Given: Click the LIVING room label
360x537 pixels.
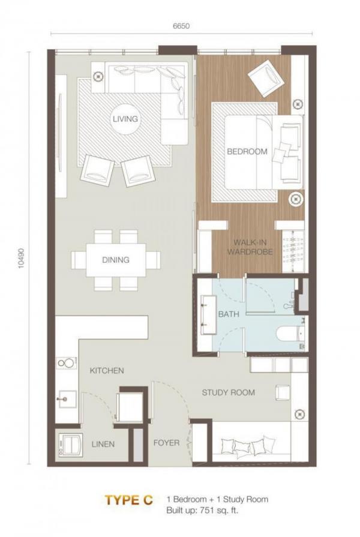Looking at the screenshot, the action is coord(125,119).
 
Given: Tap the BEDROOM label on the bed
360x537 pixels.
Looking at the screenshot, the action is coord(247,151).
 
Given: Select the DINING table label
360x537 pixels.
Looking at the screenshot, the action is coord(116,260).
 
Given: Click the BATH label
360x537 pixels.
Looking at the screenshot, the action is coord(229,314).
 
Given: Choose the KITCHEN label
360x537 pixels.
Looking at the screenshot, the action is coord(107,371).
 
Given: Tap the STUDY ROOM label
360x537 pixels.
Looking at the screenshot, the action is coord(228,392).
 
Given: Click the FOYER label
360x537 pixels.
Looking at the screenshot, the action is coord(166,443).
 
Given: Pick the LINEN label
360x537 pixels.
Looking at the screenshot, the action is coord(103,444).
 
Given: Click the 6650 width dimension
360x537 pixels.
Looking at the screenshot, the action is coord(181,26).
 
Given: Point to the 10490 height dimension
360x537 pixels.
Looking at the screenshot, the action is coord(22,258).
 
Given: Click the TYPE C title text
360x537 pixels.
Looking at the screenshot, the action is coord(129,500).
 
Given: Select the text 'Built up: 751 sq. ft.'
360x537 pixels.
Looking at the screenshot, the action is coord(202,510).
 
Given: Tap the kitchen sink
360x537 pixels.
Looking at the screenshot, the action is coord(67,399).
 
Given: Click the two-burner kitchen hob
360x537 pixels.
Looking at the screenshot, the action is coord(66,363).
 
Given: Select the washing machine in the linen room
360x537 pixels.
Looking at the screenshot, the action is coord(71,445).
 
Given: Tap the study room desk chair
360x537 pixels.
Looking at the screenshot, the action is coord(283,392).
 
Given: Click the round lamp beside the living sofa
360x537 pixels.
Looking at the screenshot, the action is coord(98,76).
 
